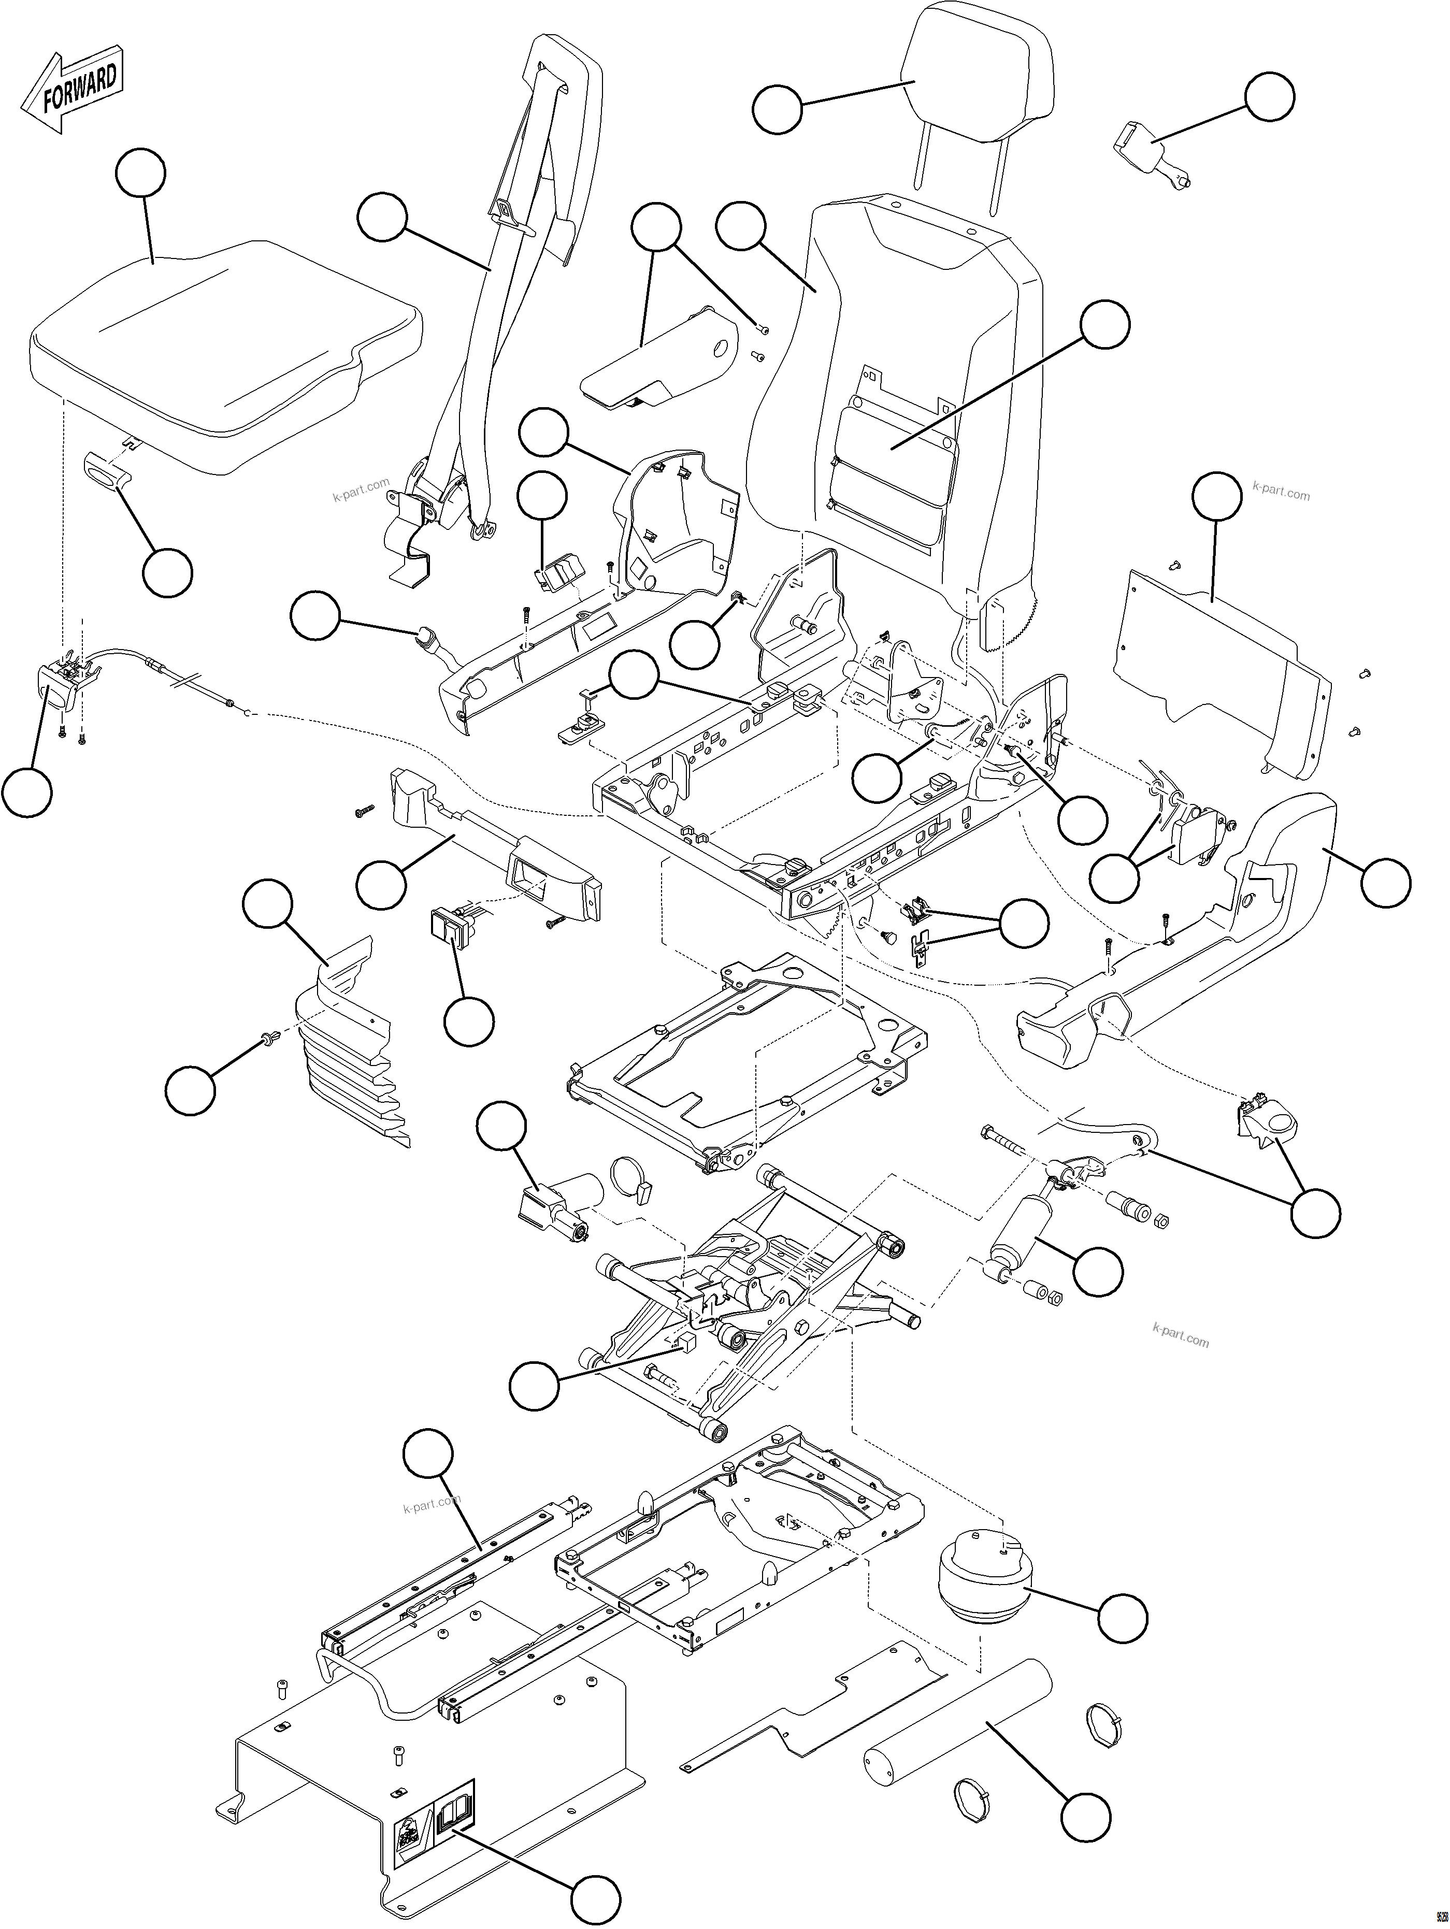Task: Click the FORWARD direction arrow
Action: pos(74,92)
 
